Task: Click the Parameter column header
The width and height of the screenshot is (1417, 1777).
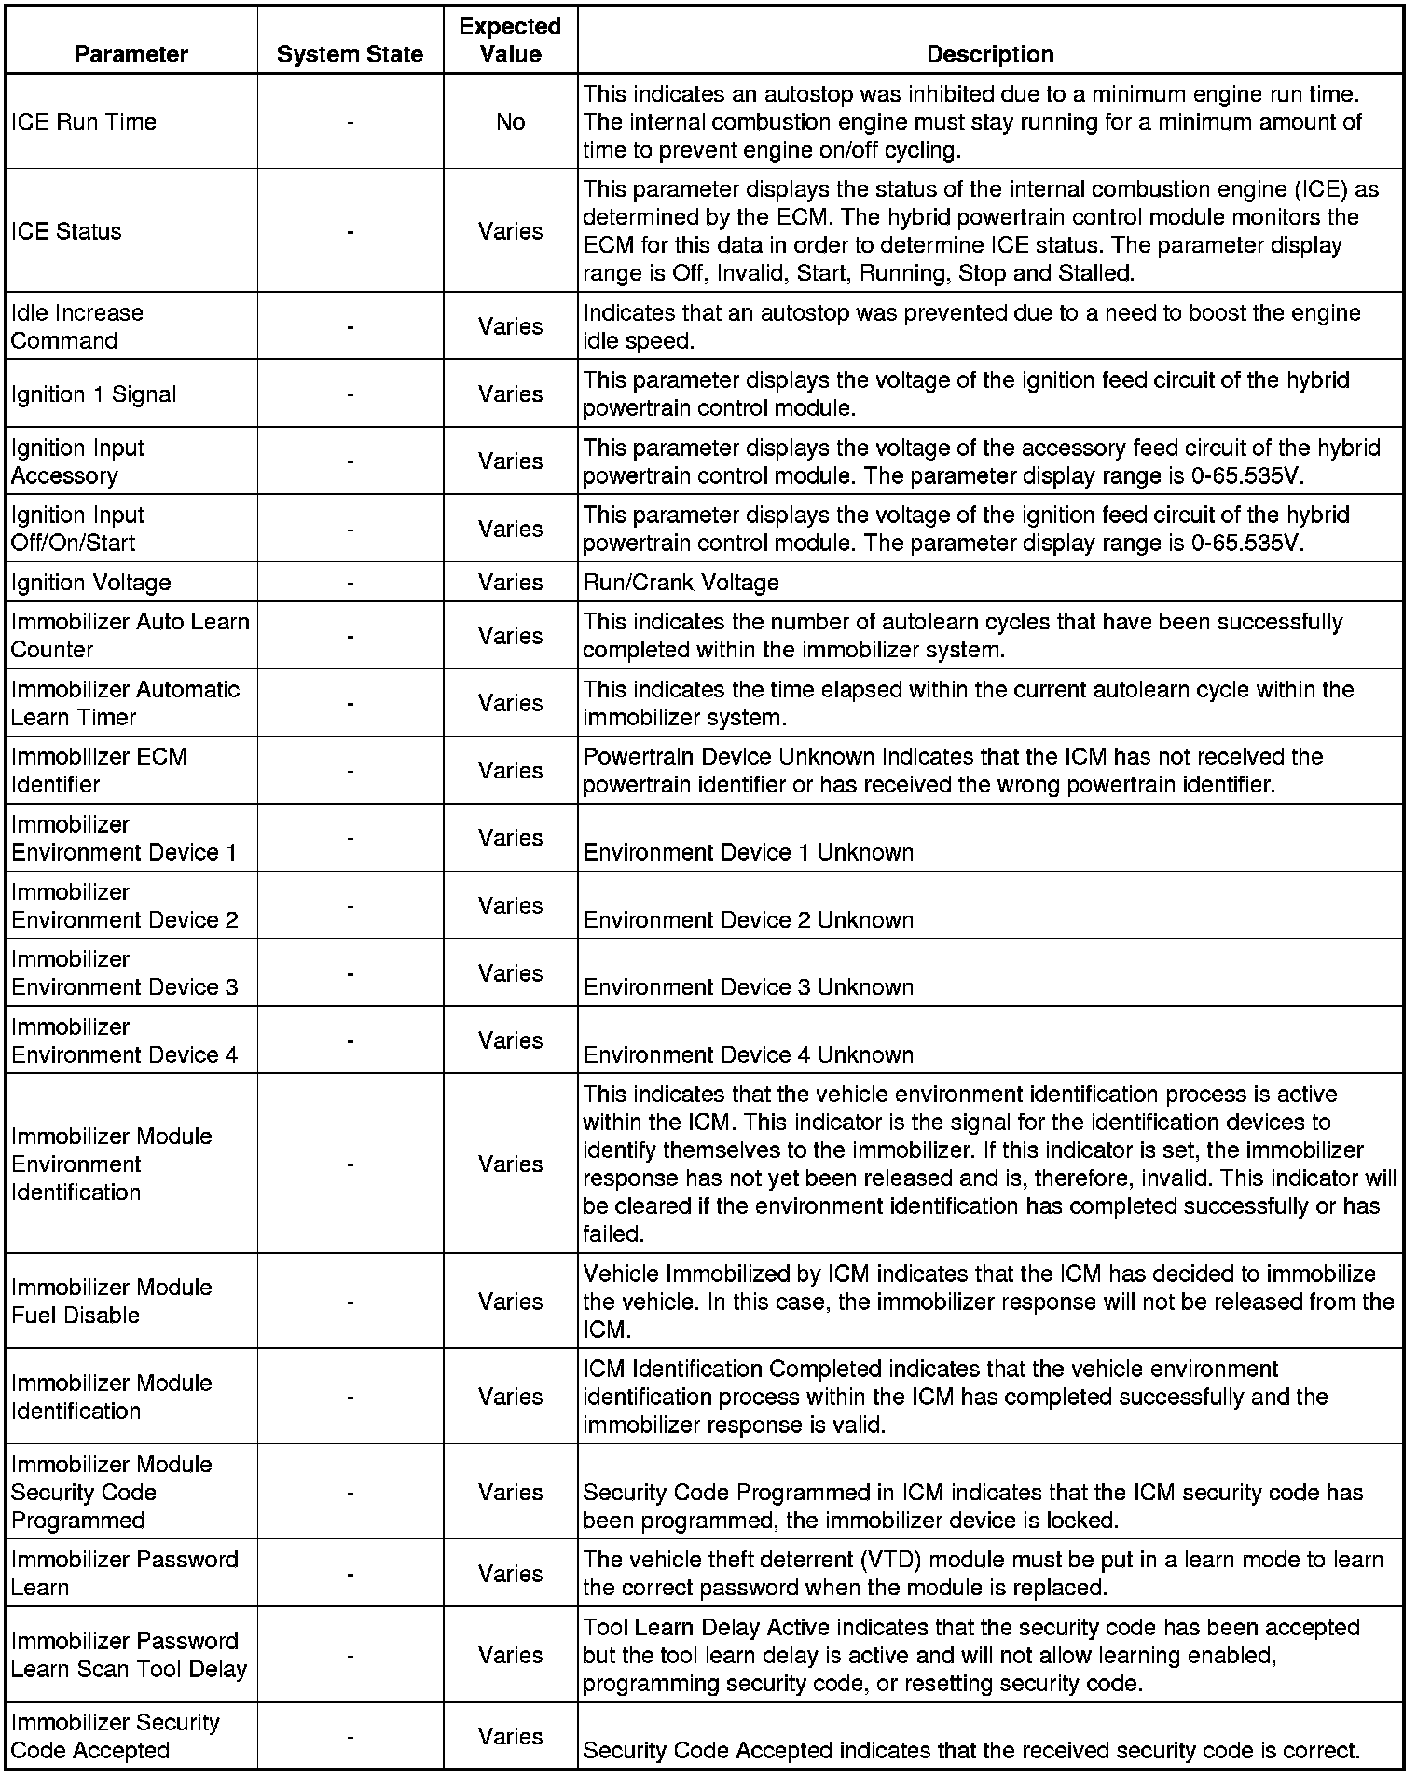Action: (x=131, y=54)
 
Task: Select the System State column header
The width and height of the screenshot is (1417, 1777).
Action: (x=350, y=54)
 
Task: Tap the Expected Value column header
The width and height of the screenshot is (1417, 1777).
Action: (x=510, y=40)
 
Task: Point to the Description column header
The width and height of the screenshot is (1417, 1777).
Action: (x=990, y=54)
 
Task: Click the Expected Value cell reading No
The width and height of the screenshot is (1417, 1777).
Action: (x=510, y=121)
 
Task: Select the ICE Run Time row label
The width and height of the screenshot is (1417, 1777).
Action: (x=84, y=121)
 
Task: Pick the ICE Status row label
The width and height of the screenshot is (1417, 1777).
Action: (x=66, y=231)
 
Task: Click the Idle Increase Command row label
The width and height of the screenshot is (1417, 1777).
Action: (x=77, y=326)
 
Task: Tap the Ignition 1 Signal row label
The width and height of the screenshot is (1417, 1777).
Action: (x=93, y=393)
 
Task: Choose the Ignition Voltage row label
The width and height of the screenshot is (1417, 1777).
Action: (x=91, y=583)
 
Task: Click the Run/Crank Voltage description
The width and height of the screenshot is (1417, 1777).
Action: (x=681, y=583)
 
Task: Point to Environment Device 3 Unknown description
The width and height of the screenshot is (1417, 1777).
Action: (x=749, y=986)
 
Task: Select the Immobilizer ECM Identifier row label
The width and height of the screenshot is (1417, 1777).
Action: (x=99, y=770)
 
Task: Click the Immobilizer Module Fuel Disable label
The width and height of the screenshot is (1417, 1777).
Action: (x=112, y=1301)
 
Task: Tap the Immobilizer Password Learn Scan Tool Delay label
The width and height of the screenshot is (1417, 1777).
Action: (x=129, y=1655)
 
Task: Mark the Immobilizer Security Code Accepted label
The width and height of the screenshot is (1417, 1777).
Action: (x=116, y=1736)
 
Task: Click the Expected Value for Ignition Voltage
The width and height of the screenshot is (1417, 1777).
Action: (x=510, y=583)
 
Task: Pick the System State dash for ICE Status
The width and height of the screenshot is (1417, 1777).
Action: (x=350, y=231)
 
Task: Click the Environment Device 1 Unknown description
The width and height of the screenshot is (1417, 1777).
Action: (x=749, y=852)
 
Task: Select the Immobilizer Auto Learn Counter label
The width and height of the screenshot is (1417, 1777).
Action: (x=131, y=635)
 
